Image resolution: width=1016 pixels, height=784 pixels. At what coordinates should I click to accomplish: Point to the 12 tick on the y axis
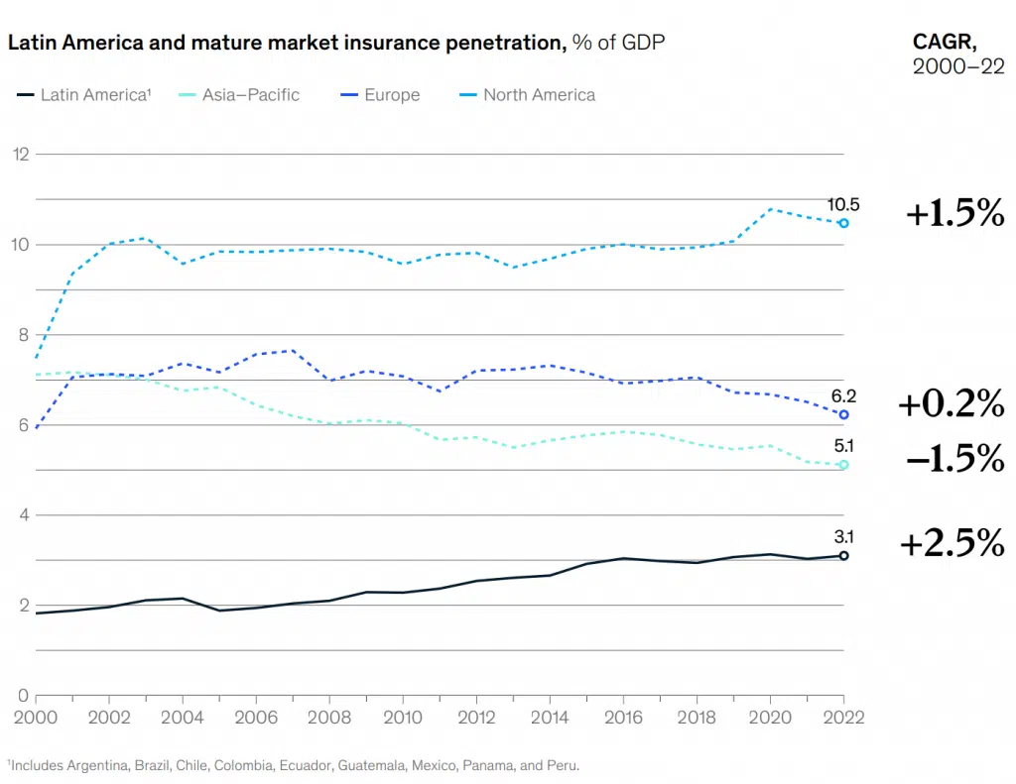[20, 154]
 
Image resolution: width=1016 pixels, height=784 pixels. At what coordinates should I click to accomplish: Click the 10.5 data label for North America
[843, 205]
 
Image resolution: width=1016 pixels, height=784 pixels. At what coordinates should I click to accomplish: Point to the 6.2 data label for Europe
[843, 395]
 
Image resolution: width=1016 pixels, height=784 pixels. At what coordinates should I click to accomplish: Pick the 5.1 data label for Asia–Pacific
[844, 446]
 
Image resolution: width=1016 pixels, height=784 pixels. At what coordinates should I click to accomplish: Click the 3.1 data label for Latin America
[844, 537]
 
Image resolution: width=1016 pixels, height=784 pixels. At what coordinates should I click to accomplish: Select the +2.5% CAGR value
[951, 543]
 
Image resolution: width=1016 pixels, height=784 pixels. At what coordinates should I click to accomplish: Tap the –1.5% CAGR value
[953, 458]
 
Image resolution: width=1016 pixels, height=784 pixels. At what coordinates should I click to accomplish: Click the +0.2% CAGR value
[951, 403]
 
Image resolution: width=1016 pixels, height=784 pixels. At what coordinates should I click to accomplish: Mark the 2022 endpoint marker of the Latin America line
[843, 556]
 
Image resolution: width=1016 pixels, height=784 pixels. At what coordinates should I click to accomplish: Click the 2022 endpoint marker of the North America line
[843, 223]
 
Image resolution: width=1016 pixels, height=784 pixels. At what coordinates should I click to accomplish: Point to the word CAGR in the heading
[944, 42]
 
